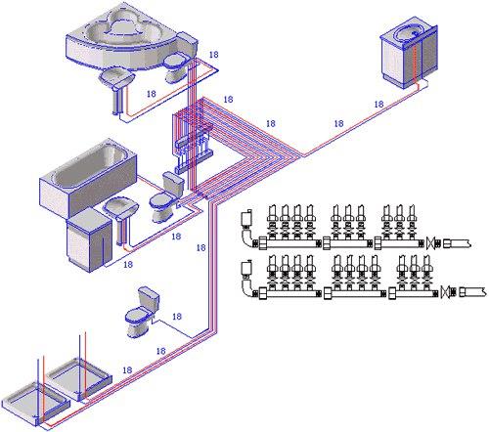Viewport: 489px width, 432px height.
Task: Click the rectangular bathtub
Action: click(88, 176)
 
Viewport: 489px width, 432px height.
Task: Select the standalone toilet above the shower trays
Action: click(143, 312)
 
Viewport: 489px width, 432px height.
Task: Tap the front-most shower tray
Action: click(35, 405)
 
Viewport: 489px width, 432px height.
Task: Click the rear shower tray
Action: click(79, 378)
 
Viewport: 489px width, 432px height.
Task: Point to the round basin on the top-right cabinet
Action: click(409, 32)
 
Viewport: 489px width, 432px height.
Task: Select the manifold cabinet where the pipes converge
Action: click(193, 139)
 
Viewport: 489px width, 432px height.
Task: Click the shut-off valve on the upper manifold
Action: click(431, 242)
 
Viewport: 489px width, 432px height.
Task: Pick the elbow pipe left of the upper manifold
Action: click(248, 238)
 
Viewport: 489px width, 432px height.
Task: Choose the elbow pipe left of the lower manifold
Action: click(248, 287)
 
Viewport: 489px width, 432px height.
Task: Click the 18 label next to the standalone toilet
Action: click(177, 317)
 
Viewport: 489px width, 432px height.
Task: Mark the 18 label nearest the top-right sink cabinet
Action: click(378, 105)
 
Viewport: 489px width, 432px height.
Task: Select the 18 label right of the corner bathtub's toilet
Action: click(214, 55)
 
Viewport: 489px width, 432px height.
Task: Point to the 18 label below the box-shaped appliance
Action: click(128, 265)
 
